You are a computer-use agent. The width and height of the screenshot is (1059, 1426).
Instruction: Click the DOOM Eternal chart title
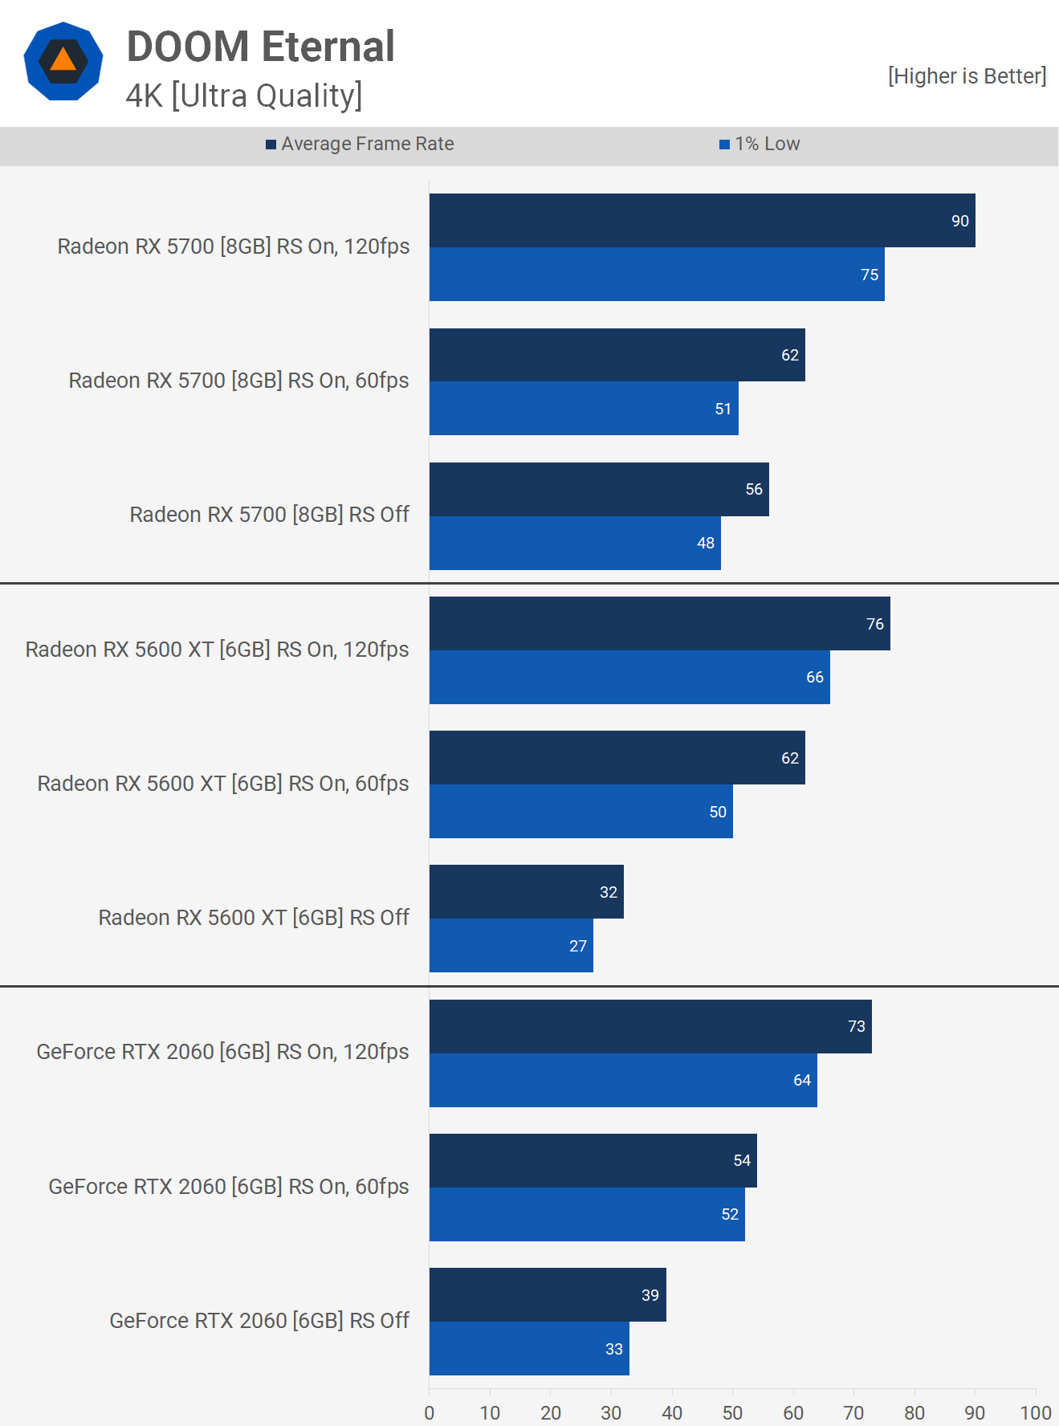point(260,47)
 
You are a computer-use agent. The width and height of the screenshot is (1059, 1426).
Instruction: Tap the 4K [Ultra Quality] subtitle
point(244,96)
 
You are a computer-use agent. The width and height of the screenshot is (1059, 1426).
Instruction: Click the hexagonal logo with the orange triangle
point(63,62)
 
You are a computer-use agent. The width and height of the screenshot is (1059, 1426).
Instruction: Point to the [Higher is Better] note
point(967,76)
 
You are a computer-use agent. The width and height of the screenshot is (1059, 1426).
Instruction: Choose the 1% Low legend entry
point(760,144)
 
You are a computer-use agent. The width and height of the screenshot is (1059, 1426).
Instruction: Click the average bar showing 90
point(702,221)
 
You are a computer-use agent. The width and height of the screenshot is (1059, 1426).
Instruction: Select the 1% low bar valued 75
point(657,275)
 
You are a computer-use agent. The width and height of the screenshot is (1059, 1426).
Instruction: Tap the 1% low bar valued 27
point(511,946)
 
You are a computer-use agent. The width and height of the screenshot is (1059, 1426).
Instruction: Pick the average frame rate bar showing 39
point(548,1294)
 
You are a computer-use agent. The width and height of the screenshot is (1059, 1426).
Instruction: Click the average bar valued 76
point(659,624)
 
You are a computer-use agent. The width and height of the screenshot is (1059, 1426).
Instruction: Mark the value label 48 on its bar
point(706,544)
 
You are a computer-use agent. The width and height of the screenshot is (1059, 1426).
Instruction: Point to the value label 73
point(857,1026)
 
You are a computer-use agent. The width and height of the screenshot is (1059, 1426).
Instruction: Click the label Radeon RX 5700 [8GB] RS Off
point(270,515)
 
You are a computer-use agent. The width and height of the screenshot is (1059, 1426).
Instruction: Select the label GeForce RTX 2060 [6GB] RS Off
point(259,1321)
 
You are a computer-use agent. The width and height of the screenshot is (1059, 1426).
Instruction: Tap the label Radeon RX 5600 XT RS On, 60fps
point(223,784)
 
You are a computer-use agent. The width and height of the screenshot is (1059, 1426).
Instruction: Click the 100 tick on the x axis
point(1036,1413)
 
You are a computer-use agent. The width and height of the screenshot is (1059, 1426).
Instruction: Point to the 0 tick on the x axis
point(430,1413)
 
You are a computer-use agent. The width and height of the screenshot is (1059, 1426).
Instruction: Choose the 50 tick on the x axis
point(732,1413)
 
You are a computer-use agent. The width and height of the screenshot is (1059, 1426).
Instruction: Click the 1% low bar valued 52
point(587,1214)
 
